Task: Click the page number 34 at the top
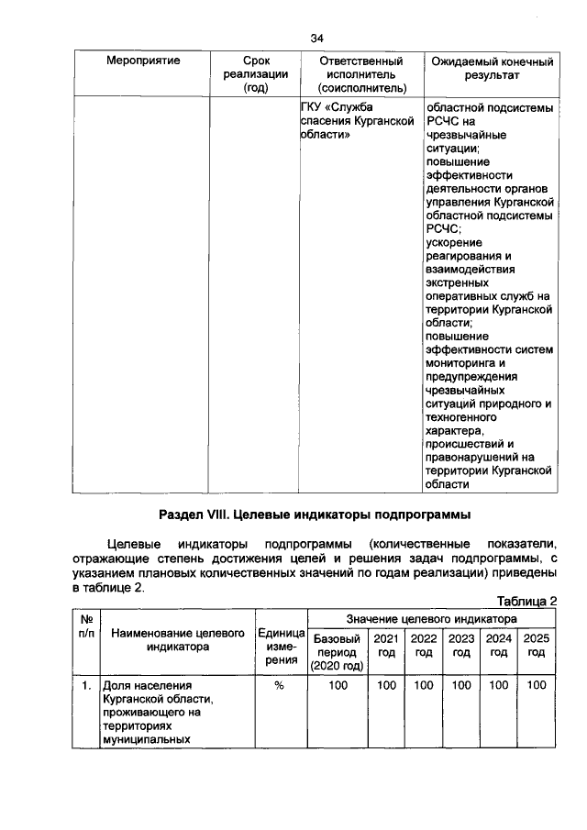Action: [x=317, y=38]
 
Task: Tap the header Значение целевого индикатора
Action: [x=431, y=619]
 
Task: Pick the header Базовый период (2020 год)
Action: [x=338, y=651]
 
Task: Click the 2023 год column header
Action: [x=461, y=645]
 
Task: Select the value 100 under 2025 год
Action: [x=537, y=685]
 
